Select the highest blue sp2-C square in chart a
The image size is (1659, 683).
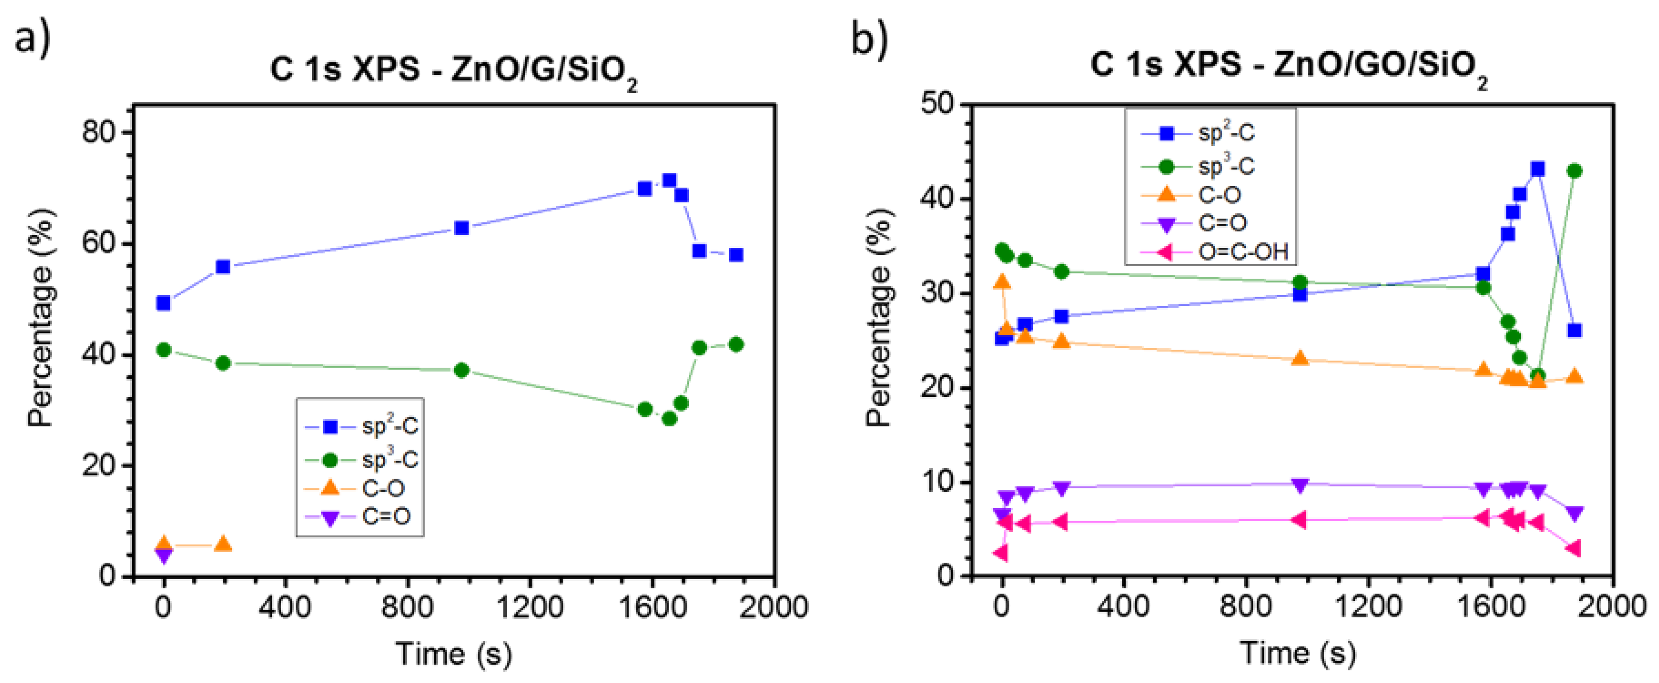[669, 180]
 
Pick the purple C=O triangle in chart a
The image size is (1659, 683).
[164, 555]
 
